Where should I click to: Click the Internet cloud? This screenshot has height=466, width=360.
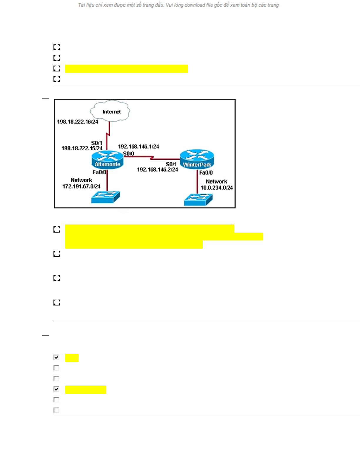tap(110, 111)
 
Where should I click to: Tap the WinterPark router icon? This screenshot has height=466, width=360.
tap(197, 159)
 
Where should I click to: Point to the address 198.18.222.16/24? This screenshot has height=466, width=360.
tap(78, 122)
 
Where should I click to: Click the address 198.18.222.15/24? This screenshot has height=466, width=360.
tap(82, 148)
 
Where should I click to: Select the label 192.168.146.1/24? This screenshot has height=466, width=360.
tap(138, 146)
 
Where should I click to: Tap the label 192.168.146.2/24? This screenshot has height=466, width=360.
tap(158, 170)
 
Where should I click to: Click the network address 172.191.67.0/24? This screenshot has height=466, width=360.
tap(81, 186)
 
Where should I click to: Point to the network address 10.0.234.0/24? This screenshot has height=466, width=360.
tap(217, 188)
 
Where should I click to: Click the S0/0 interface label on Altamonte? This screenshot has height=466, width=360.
tap(129, 153)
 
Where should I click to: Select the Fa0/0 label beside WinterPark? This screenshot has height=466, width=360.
tap(206, 173)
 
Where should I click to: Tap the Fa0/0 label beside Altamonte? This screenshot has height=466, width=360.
tap(99, 172)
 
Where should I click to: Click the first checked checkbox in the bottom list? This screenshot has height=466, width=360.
tap(56, 357)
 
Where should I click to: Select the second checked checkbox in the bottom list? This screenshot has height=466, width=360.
tap(56, 389)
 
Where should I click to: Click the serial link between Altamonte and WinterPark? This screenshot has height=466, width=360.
tap(151, 158)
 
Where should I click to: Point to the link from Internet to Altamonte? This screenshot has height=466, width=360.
tap(108, 135)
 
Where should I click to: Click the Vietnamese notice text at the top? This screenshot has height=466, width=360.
tap(178, 5)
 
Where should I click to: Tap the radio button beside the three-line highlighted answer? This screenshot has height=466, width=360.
tap(57, 229)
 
